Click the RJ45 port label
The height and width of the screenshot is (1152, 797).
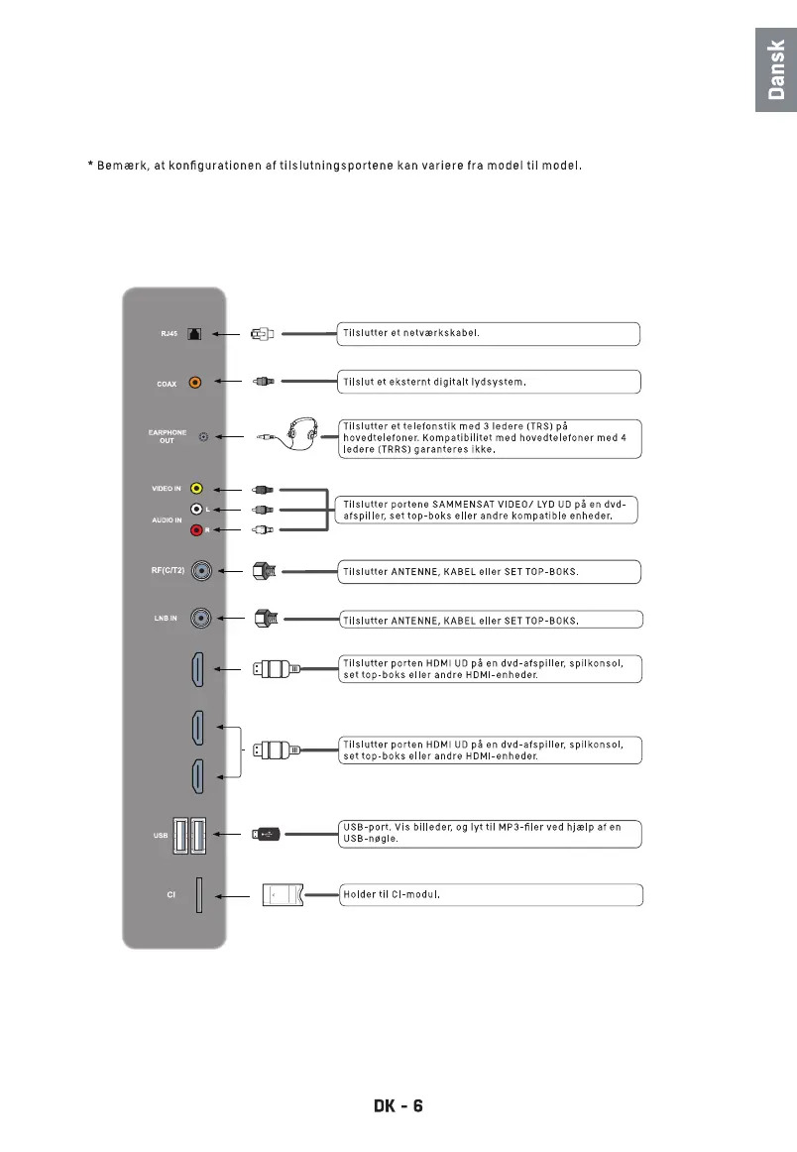[x=169, y=334]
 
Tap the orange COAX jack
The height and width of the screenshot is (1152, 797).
[x=195, y=382]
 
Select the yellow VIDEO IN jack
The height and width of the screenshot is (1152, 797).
[x=196, y=489]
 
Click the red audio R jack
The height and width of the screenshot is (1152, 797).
[x=196, y=530]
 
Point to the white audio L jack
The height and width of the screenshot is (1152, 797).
[x=196, y=510]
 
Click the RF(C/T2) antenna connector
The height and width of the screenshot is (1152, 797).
[x=202, y=571]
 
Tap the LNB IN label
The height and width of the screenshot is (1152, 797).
[x=166, y=619]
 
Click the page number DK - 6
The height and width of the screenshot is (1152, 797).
[x=398, y=1105]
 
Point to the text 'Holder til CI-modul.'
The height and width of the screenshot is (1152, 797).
[x=391, y=895]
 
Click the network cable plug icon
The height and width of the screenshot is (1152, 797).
[x=263, y=334]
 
